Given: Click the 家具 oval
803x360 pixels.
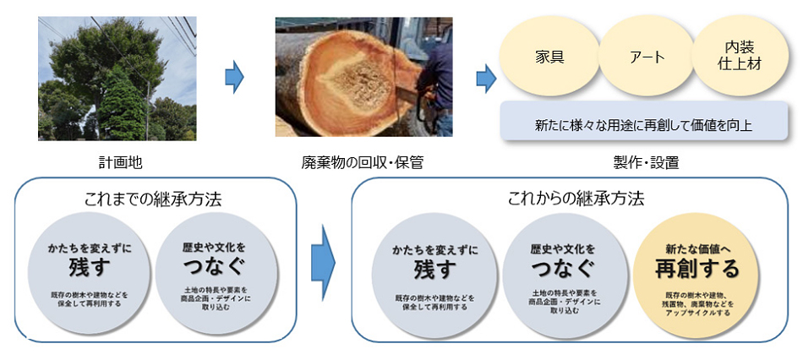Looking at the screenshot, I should (549, 58).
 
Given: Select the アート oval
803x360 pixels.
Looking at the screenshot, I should (646, 58).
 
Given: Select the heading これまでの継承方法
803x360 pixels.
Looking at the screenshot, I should (153, 200).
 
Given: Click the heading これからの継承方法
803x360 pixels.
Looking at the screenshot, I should (576, 200).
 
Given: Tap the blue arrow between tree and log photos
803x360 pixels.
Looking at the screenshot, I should (234, 78).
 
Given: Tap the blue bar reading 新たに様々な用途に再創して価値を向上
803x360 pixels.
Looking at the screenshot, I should (644, 123).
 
